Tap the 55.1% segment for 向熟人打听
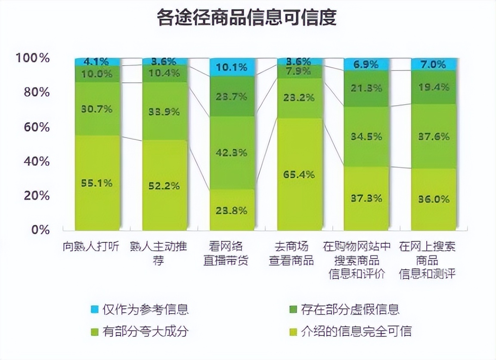pos(97,183)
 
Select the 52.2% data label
pos(165,186)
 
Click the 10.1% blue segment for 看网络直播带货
pos(232,67)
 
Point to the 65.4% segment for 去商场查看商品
pos(300,174)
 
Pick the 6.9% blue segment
pos(367,65)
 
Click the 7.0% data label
pos(434,65)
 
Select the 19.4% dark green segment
pos(434,87)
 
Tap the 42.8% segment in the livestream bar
pos(232,152)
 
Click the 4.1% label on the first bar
pos(97,62)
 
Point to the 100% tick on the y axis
pos(33,58)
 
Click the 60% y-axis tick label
pos(35,127)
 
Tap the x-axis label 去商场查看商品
pos(291,254)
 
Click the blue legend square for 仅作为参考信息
pos(95,309)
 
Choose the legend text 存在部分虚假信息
pos(350,309)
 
